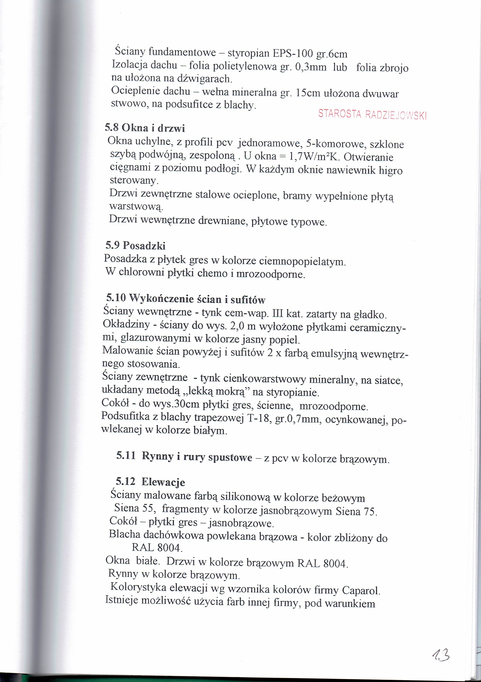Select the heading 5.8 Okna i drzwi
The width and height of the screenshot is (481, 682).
(145, 128)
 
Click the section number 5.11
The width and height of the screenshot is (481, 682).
(126, 456)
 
